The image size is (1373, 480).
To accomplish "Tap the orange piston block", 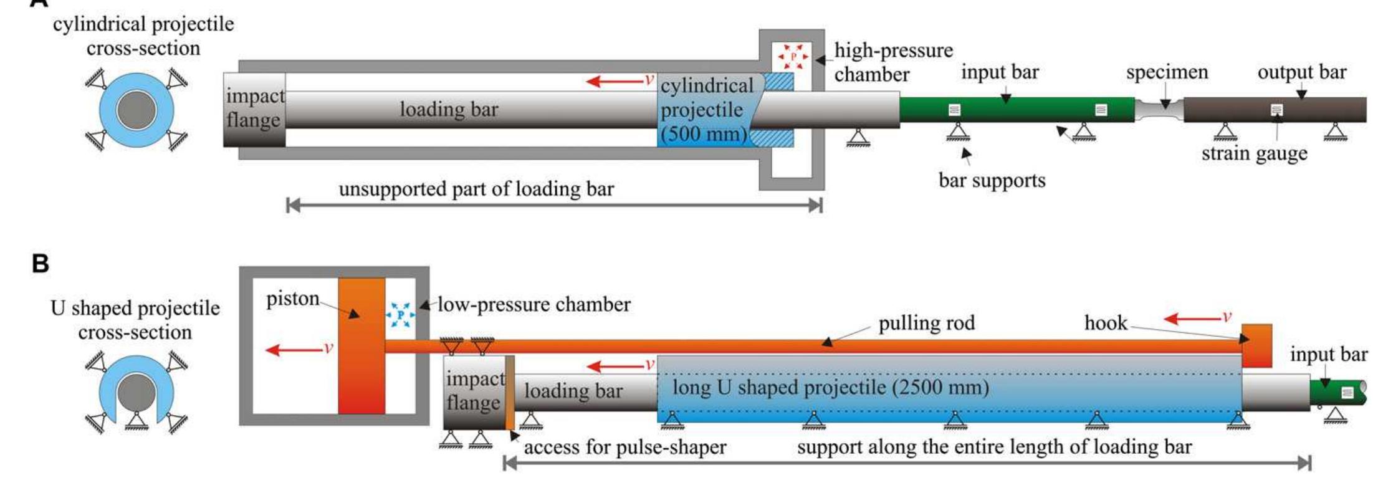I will (361, 346).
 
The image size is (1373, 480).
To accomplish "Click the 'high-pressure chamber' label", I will (893, 62).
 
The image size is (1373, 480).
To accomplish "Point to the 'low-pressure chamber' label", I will (533, 304).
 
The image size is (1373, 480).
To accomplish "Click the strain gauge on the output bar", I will (1276, 110).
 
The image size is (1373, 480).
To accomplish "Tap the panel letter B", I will (41, 264).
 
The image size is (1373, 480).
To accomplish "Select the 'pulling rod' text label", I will (926, 323).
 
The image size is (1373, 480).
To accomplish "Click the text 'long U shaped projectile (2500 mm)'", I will (830, 387).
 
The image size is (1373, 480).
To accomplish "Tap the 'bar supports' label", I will (992, 180).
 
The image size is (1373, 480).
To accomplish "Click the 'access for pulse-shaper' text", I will (624, 447).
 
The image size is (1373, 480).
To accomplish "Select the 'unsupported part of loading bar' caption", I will (476, 189).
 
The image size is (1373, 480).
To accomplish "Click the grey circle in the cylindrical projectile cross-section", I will (136, 110).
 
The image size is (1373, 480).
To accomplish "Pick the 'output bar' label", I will (1301, 72).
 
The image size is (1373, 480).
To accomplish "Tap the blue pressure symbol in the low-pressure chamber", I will (401, 315).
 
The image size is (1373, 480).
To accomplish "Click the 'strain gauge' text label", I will (1254, 153).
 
